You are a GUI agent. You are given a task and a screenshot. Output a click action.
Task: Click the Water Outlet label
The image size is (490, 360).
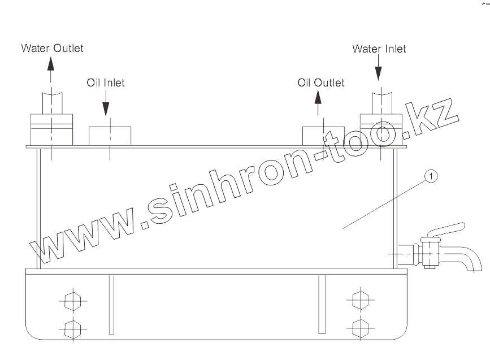52,47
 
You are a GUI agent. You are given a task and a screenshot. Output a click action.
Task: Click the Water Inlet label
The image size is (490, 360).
379,49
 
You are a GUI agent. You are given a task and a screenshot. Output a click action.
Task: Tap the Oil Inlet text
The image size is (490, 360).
106,83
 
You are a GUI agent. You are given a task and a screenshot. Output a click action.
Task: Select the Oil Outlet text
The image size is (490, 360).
320,83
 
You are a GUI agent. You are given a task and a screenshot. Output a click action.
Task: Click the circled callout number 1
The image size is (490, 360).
431,176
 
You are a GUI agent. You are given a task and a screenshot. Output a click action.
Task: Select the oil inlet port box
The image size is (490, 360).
110,135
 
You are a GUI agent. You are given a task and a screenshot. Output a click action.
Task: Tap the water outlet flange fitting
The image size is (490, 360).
51,129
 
